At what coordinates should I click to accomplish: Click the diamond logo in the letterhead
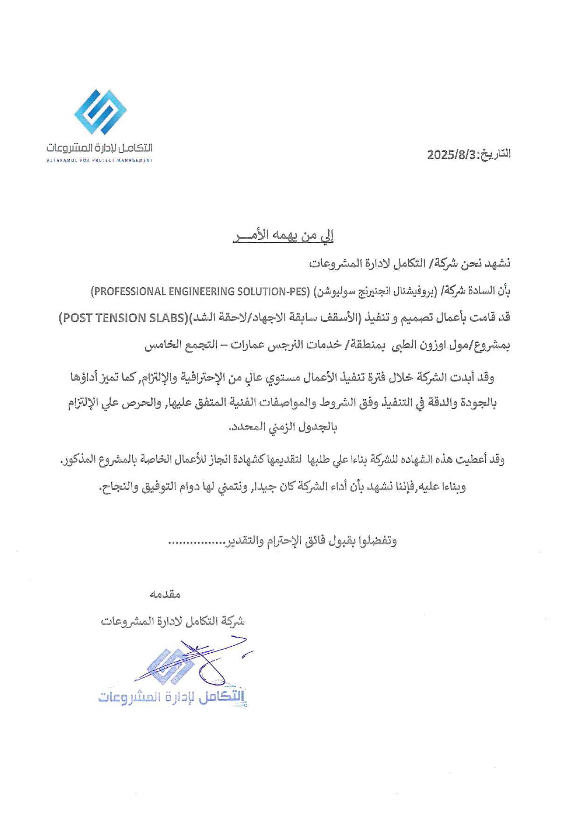click(100, 112)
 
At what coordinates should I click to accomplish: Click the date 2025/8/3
click(451, 155)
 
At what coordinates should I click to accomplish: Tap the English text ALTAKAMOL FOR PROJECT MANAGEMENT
click(99, 161)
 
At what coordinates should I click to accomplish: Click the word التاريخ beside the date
click(495, 154)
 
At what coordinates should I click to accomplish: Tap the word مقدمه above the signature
click(165, 594)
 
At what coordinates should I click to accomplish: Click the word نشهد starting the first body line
click(497, 264)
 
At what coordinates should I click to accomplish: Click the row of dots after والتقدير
click(197, 543)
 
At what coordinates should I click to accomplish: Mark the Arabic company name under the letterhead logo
click(99, 148)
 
